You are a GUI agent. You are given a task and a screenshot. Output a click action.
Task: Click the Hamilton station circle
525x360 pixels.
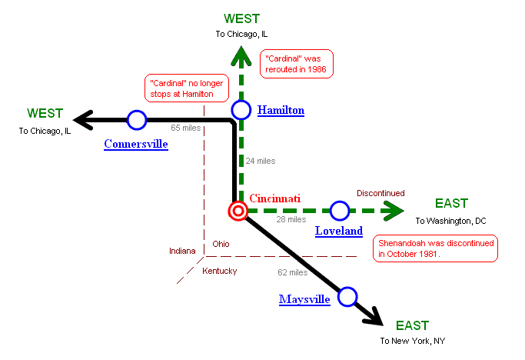(241, 110)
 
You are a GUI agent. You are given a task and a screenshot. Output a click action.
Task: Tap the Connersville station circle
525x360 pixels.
(137, 120)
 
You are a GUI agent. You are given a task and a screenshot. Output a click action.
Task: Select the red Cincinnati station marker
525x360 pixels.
(238, 211)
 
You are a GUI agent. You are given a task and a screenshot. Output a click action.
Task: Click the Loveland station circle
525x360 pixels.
(339, 210)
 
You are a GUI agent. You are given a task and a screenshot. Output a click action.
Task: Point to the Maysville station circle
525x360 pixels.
(347, 296)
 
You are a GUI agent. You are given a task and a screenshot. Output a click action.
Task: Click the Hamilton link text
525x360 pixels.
(281, 110)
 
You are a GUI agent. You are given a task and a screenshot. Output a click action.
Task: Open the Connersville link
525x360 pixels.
(136, 144)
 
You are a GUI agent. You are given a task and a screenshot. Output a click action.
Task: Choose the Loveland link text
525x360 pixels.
(339, 231)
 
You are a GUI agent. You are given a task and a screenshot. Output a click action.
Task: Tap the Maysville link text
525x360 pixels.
(304, 298)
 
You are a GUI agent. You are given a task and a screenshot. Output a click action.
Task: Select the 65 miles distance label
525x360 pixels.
(186, 128)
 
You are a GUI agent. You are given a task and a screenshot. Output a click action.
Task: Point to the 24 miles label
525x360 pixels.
(260, 161)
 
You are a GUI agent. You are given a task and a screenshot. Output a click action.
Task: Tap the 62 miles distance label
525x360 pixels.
(292, 272)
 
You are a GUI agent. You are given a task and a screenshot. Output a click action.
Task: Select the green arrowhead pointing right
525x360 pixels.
(394, 210)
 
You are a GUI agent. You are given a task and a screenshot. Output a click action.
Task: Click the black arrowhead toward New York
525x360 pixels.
(373, 315)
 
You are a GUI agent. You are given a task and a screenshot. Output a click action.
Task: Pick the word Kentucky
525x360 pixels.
(219, 271)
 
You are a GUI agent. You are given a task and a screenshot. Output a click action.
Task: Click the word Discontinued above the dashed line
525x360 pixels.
(380, 193)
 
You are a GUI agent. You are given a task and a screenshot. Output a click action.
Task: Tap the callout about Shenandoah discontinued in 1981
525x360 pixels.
(435, 248)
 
